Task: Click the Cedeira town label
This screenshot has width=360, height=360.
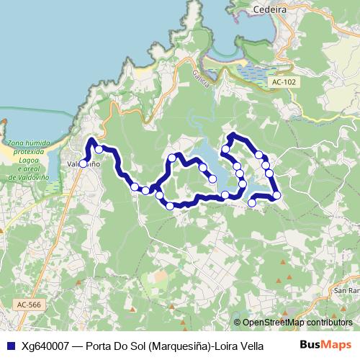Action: pos(270,9)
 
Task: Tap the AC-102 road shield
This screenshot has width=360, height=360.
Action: pos(284,83)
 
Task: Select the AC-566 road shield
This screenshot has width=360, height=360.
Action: pos(30,305)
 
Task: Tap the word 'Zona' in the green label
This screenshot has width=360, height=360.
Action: pos(15,144)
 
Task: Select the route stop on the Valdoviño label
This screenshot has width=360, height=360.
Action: pos(83,163)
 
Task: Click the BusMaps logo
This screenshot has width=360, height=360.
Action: pos(326,344)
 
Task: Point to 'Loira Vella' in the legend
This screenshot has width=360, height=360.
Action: pos(238,345)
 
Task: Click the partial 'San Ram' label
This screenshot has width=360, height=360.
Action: pos(346,291)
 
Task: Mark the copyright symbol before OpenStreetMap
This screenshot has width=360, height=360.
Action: pos(238,323)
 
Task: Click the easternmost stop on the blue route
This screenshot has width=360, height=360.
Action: pos(276,195)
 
